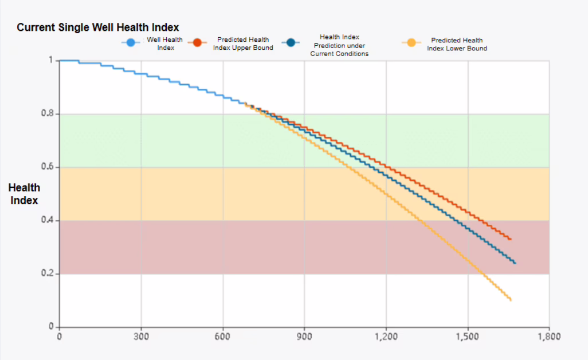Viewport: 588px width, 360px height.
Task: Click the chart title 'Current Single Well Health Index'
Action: point(98,28)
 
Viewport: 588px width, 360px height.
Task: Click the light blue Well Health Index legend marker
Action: point(131,44)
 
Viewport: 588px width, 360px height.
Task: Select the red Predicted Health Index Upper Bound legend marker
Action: point(196,44)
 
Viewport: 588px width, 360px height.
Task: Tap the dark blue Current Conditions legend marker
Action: point(292,44)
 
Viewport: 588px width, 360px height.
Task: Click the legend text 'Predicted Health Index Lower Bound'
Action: point(457,44)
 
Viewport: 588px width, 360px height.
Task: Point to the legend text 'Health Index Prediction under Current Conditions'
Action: point(339,45)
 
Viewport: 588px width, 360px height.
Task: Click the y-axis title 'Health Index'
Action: point(24,194)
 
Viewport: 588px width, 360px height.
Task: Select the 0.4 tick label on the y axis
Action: point(47,220)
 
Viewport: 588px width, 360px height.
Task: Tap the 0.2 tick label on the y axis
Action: point(47,273)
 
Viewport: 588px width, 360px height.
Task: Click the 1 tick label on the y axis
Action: point(50,60)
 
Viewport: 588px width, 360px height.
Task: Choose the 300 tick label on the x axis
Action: point(141,336)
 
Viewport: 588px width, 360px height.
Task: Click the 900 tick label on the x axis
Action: point(304,336)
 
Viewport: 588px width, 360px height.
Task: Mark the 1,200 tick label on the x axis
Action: point(386,336)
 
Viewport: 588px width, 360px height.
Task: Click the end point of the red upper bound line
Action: point(510,239)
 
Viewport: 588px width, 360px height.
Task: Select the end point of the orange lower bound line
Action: point(510,300)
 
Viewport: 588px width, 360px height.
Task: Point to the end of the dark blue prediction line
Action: point(515,263)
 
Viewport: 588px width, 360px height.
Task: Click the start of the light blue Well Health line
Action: point(60,60)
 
